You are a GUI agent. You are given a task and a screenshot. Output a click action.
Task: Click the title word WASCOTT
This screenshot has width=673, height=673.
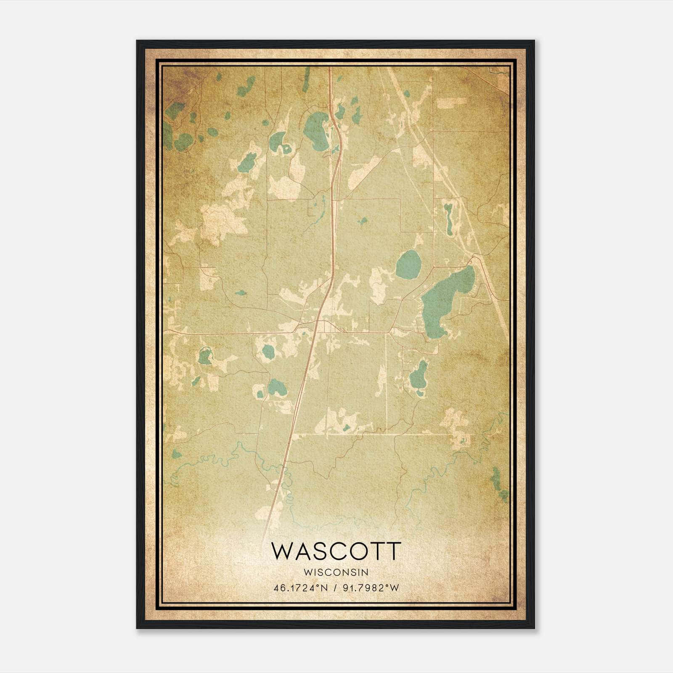(336, 551)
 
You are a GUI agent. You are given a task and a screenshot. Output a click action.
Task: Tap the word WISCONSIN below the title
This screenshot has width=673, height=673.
(336, 572)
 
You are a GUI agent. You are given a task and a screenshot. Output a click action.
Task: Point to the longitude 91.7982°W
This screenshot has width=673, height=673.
(371, 588)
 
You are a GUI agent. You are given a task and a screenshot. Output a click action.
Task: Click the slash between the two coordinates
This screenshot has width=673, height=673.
(335, 588)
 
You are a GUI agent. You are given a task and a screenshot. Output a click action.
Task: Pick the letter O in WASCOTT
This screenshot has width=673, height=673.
(352, 551)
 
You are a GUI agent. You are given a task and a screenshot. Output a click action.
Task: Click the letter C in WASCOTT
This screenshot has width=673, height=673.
(330, 551)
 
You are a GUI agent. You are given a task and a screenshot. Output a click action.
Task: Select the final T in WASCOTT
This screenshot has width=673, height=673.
(392, 551)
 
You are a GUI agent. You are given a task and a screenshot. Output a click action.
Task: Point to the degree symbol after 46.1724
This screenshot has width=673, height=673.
(321, 586)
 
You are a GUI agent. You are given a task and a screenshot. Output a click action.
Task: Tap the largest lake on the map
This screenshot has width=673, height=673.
(444, 301)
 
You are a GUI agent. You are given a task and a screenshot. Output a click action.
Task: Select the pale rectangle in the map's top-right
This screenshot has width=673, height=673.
(451, 101)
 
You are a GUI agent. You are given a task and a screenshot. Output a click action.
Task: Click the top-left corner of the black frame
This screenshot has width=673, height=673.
(138, 41)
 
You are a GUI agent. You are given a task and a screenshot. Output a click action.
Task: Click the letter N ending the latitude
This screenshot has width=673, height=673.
(325, 588)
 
